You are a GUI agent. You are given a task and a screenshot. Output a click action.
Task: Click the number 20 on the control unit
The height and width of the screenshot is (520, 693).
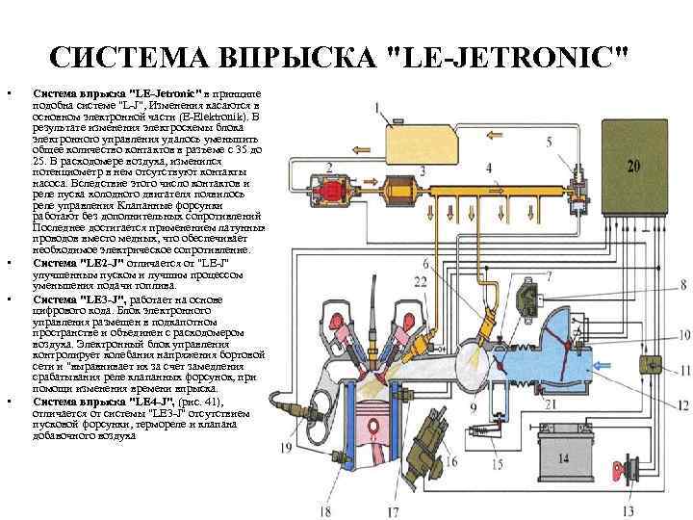632,166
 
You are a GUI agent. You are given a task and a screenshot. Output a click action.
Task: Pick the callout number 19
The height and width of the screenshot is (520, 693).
286,447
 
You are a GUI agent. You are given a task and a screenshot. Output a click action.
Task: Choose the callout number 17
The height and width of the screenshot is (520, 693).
393,509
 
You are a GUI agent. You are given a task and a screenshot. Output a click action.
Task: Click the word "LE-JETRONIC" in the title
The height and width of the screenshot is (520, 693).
510,59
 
